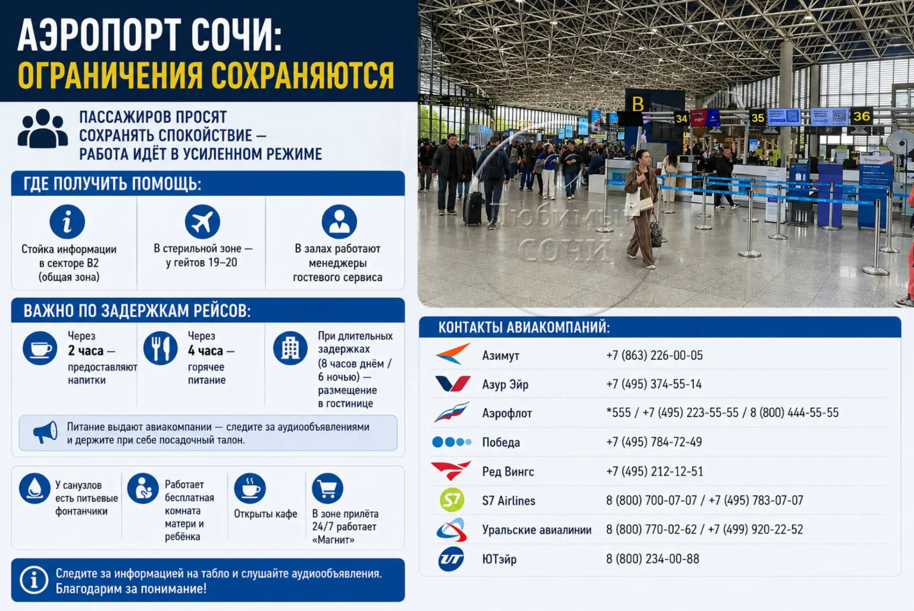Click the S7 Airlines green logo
click(x=451, y=500)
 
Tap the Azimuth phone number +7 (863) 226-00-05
click(x=654, y=355)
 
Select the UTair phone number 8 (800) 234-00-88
click(x=652, y=559)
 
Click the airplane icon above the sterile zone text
click(x=202, y=221)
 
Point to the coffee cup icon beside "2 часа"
click(x=40, y=348)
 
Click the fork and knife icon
click(x=160, y=348)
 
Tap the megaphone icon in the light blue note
click(x=46, y=432)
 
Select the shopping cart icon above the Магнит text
click(x=328, y=488)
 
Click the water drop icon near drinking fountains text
click(x=35, y=488)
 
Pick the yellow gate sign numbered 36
click(x=861, y=117)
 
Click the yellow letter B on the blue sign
click(x=637, y=104)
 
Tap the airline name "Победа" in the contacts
click(x=501, y=442)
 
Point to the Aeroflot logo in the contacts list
click(x=451, y=412)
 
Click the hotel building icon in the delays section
click(x=290, y=348)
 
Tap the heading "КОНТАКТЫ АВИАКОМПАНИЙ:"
click(x=524, y=327)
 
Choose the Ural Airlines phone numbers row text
click(x=704, y=530)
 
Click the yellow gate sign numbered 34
click(x=682, y=119)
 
